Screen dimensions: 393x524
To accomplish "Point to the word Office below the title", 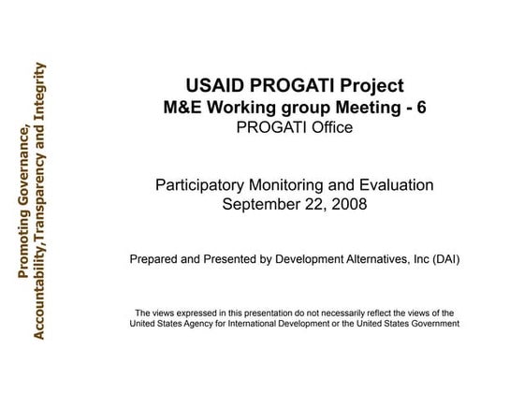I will [329, 126].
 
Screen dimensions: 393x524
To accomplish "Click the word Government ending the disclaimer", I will [433, 324].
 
